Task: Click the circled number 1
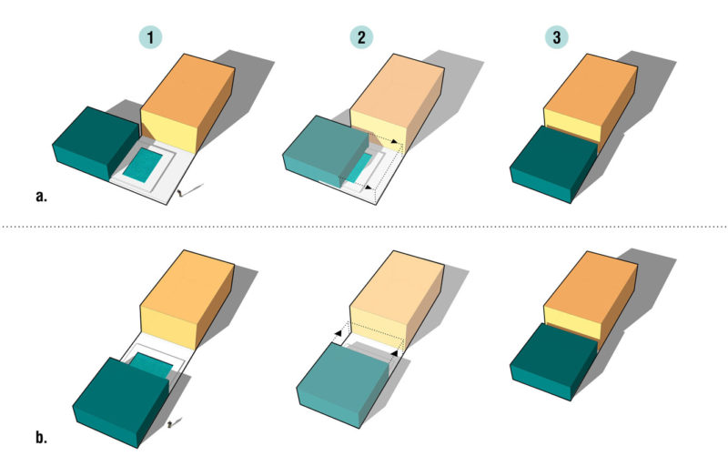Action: (150, 37)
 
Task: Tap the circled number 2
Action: (361, 37)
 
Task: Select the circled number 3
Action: (557, 37)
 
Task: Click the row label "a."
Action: (41, 196)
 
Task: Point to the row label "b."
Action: (41, 437)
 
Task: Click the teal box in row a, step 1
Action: (96, 144)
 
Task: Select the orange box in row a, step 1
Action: (187, 103)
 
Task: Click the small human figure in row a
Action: (180, 193)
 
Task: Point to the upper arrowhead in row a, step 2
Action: (394, 142)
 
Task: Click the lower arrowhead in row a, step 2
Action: (369, 187)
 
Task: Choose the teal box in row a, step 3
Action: (554, 165)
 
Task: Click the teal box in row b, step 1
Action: (121, 402)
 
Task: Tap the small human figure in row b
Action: (170, 423)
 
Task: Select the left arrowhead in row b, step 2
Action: (339, 332)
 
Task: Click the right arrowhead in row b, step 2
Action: (394, 354)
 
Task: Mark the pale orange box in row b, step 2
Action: (397, 299)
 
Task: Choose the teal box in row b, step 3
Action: (554, 362)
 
